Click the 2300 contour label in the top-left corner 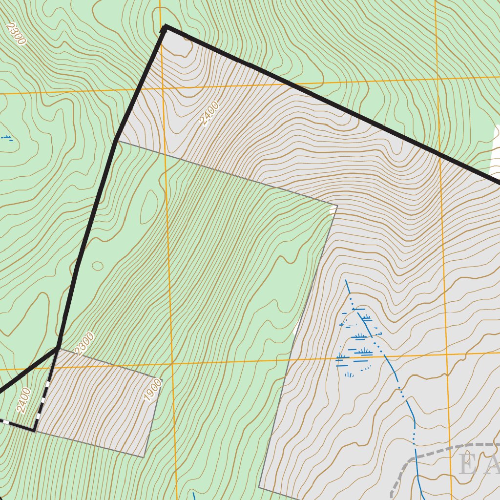click(x=15, y=34)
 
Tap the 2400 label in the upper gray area click(x=209, y=113)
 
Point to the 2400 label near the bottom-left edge click(x=23, y=400)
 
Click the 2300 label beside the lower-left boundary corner click(x=84, y=343)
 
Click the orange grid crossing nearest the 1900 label click(x=172, y=364)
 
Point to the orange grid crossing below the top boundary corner click(x=163, y=88)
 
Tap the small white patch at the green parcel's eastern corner click(x=333, y=209)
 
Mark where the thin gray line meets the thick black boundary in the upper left click(x=117, y=141)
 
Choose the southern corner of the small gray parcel click(x=144, y=457)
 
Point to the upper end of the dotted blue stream click(x=346, y=281)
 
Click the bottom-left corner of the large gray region click(x=259, y=487)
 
